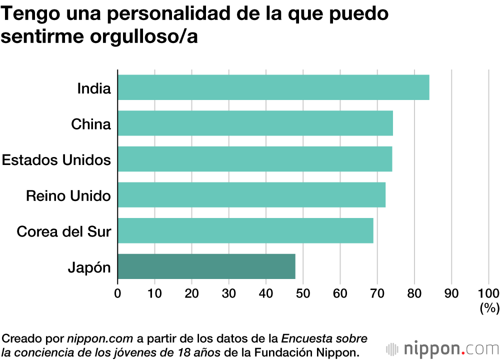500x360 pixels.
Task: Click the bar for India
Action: (273, 87)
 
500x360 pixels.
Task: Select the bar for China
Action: (255, 123)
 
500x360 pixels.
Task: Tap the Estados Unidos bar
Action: (254, 159)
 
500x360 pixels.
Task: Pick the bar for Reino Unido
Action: (251, 195)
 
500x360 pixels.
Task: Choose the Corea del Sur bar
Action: (245, 230)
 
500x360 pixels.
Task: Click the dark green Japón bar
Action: (206, 266)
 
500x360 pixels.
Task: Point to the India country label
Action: (93, 88)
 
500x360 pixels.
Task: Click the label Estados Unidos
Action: (56, 160)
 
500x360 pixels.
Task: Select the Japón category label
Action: (89, 267)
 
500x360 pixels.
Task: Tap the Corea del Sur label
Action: (63, 231)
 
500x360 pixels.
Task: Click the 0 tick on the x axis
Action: (117, 293)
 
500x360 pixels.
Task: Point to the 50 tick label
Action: (303, 293)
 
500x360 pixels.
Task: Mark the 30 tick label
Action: (229, 293)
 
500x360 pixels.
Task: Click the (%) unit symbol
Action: (489, 309)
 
